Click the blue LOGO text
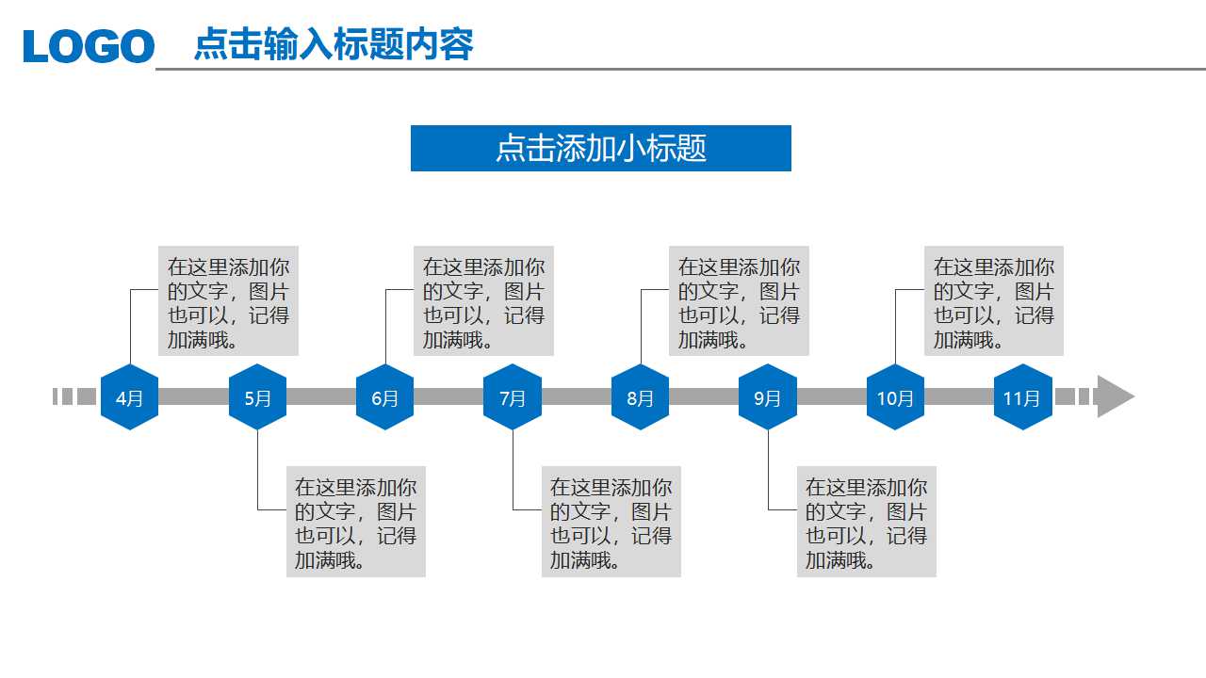pos(89,46)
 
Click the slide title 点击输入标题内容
pos(334,44)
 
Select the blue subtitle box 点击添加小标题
pos(600,148)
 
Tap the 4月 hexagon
pos(129,397)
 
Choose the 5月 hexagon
pos(257,397)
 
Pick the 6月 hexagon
pos(384,397)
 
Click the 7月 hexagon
pos(513,397)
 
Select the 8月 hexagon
pos(640,397)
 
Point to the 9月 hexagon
pos(767,397)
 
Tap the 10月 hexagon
pos(895,397)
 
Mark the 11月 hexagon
pos(1022,397)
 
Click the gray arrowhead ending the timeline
pos(1115,396)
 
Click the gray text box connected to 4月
pos(228,301)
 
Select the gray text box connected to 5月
pos(356,522)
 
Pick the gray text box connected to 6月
pos(483,301)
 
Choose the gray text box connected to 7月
pos(611,522)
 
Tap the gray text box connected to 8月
pos(739,301)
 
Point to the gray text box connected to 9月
pos(866,522)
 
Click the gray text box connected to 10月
pos(994,301)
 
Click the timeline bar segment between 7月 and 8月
pos(577,396)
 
